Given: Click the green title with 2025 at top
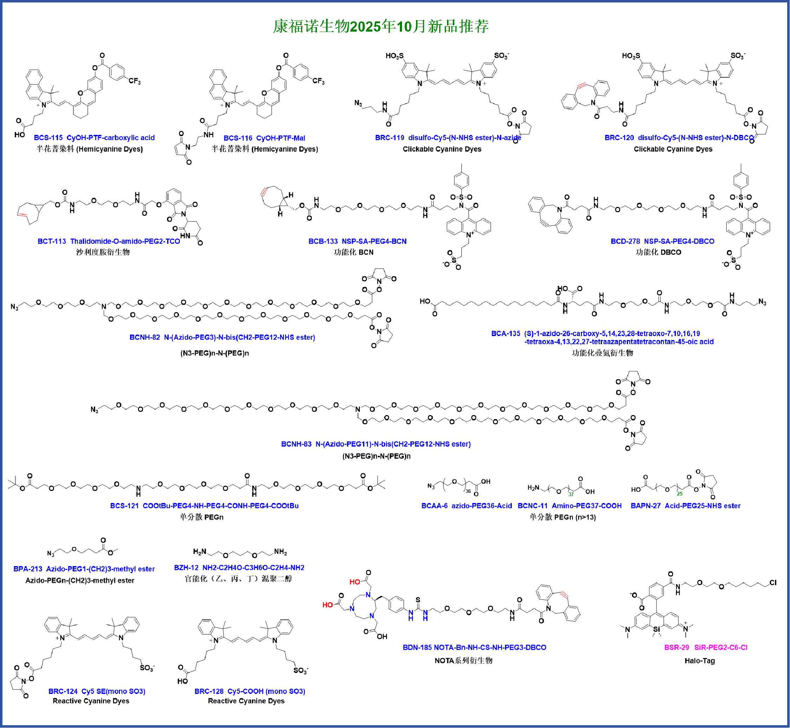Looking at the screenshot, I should click(x=381, y=26).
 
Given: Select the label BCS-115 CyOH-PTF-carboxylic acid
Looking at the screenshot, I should click(x=94, y=138).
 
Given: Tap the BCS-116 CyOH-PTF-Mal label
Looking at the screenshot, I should click(x=264, y=138).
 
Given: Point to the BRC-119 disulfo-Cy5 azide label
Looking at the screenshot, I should click(x=448, y=138).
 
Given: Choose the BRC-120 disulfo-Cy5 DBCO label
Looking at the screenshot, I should click(x=679, y=138).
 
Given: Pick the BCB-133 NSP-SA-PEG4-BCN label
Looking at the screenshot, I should click(x=357, y=242).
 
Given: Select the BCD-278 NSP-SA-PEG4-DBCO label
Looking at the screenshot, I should click(x=662, y=242).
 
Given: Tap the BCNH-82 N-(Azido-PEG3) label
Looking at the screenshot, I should click(x=222, y=337).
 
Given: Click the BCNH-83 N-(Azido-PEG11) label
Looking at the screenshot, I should click(x=376, y=444).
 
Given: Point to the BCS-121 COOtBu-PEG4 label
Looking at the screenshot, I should click(x=204, y=506).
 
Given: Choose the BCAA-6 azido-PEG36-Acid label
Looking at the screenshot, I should click(x=466, y=506).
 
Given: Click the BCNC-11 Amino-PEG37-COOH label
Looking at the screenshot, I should click(x=569, y=506).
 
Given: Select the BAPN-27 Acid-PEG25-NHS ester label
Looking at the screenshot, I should click(x=686, y=506).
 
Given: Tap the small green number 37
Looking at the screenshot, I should click(x=571, y=494).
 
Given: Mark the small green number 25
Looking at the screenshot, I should click(x=680, y=494).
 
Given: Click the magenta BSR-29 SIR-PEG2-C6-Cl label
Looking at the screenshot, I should click(x=706, y=647).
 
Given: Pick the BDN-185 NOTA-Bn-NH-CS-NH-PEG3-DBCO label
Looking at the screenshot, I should click(x=474, y=647).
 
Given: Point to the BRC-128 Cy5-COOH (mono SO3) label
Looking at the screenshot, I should click(x=250, y=691).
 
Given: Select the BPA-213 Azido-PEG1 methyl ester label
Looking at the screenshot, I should click(x=84, y=569).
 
